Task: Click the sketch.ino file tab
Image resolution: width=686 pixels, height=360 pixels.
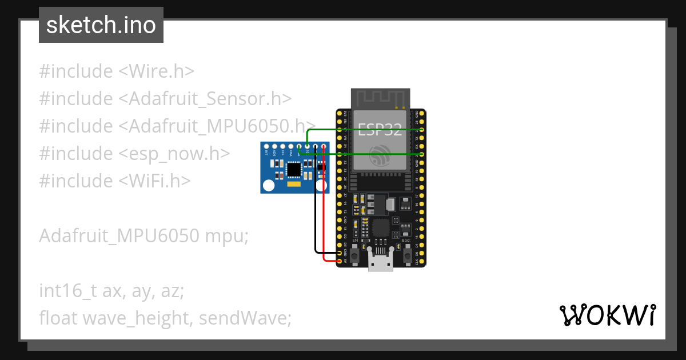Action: click(x=101, y=25)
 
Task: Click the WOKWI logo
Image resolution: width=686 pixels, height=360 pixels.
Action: click(x=607, y=315)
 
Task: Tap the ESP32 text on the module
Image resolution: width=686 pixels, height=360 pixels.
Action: click(x=380, y=129)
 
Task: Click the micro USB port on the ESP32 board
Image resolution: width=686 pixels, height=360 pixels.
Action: click(x=380, y=263)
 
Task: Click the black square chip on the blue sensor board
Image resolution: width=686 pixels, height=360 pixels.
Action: click(x=294, y=169)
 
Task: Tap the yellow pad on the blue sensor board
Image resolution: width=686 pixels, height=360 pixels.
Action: click(x=294, y=185)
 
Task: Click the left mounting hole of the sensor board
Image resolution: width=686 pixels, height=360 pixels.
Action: click(x=268, y=186)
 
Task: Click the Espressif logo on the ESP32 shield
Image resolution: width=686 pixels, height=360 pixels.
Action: click(x=380, y=155)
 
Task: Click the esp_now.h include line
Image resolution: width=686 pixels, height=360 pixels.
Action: click(x=135, y=154)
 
